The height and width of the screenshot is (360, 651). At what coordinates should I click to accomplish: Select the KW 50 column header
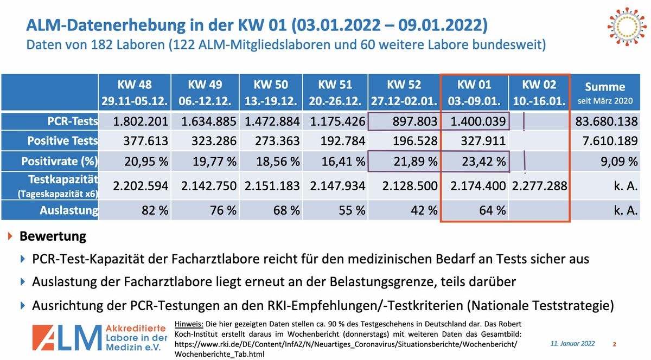coord(271,93)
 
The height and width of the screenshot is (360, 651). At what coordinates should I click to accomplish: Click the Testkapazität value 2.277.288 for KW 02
coord(538,185)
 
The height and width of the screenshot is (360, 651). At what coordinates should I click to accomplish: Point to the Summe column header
coord(605,93)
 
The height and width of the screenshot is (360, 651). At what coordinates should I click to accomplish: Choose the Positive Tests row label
coord(62,141)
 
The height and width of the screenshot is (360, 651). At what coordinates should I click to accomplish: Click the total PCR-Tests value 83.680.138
coord(606,122)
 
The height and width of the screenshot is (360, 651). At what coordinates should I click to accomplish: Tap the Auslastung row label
coord(68,210)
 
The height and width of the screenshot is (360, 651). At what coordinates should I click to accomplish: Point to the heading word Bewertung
coord(53,236)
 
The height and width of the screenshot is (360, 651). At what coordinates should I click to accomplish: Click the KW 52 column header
coord(404,93)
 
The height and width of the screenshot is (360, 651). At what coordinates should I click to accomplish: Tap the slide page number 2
coord(614,344)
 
